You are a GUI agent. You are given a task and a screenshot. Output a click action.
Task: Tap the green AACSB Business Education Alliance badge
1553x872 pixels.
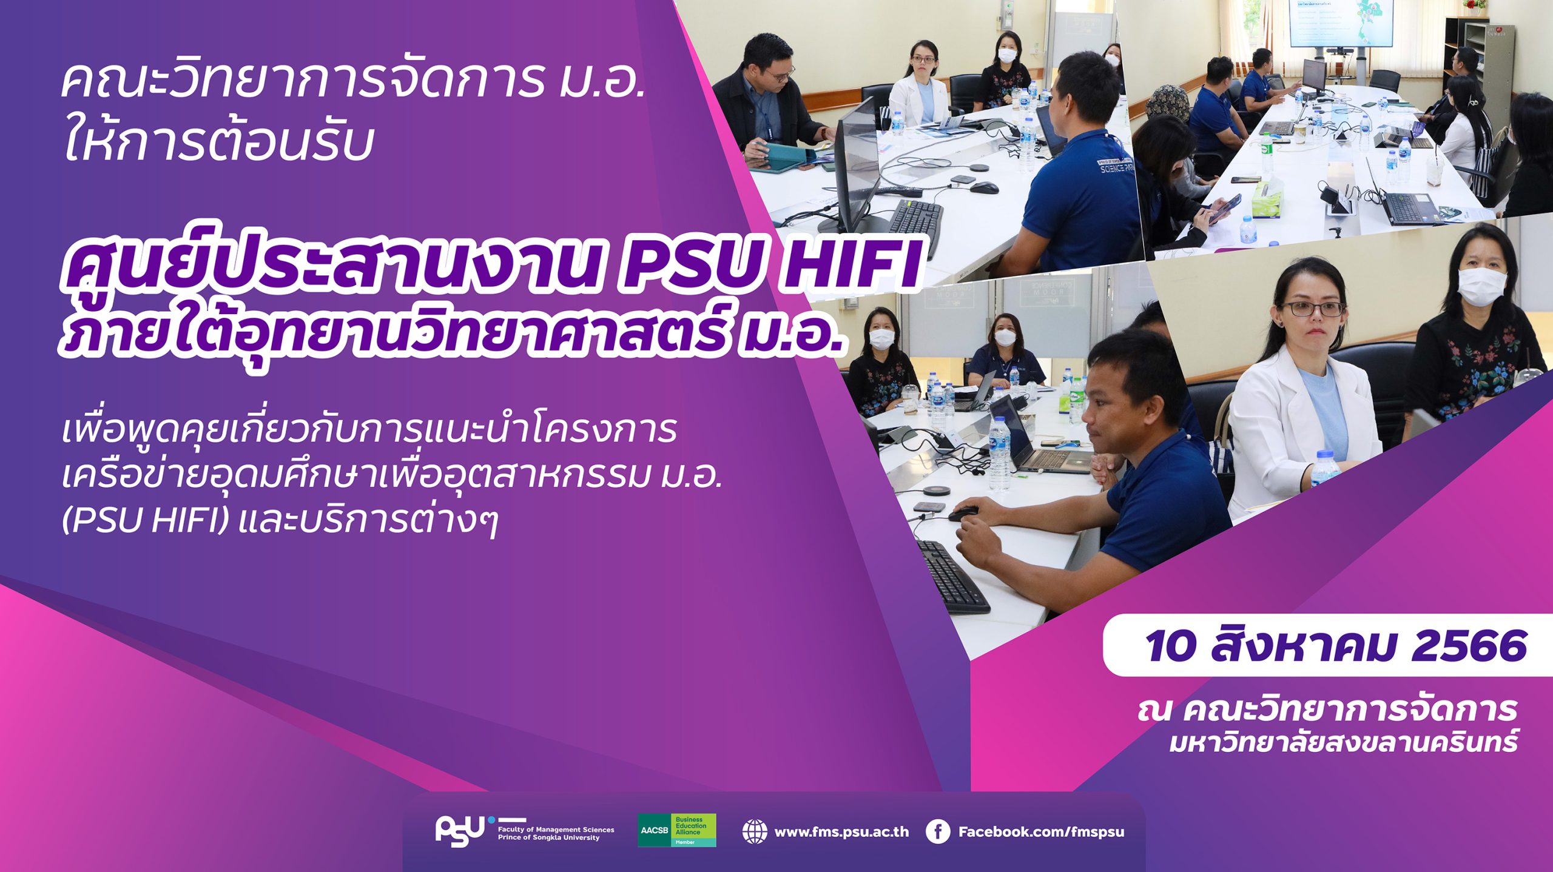pos(676,830)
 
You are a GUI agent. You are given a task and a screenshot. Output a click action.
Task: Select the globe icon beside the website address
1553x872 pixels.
pos(754,831)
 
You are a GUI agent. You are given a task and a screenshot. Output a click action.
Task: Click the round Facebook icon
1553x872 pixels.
pos(937,831)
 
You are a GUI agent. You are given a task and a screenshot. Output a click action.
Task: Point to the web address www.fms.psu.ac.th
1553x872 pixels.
pos(841,832)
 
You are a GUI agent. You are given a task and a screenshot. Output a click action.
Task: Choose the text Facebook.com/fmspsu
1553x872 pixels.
pos(1041,832)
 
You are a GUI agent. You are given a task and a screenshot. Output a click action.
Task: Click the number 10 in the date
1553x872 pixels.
pos(1170,646)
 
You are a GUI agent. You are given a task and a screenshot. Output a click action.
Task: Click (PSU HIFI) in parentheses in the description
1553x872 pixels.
pos(146,520)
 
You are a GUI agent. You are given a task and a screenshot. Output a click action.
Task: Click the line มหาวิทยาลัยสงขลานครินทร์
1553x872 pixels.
pos(1344,742)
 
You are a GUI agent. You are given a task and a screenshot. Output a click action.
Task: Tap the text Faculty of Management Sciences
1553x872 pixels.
pos(556,829)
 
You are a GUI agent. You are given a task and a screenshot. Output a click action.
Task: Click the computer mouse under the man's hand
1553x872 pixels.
pos(963,514)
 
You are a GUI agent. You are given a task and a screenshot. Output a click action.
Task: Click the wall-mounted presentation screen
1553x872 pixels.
pos(1341,23)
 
